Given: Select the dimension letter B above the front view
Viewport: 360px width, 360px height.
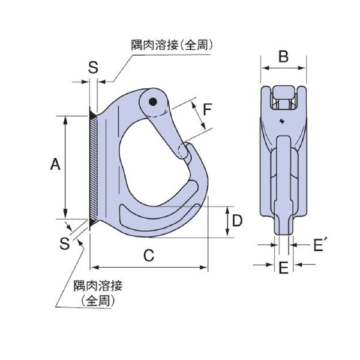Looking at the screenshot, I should tap(284, 57).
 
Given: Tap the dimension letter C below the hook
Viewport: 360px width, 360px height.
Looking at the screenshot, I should tap(149, 255).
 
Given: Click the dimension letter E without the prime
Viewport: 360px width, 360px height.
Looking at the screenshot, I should tap(283, 267).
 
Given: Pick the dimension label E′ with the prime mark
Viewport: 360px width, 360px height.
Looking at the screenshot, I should tap(319, 244).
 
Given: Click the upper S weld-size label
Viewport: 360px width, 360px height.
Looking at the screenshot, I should tap(93, 67).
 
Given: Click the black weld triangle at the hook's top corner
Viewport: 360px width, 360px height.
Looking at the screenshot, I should tap(92, 113).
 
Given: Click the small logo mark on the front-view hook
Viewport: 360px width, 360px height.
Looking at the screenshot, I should tap(281, 123).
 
